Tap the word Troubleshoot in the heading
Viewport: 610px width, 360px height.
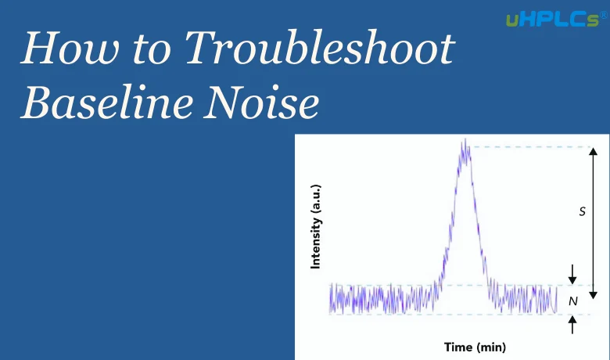320,47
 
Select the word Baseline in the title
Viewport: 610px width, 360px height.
107,102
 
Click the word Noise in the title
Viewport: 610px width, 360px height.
261,102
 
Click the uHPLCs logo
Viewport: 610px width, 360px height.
552,20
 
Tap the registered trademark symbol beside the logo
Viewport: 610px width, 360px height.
604,15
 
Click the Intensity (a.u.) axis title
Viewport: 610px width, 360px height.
316,227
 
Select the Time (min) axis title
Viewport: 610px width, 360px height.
475,347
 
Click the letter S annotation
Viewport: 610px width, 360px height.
582,211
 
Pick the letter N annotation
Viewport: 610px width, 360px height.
573,301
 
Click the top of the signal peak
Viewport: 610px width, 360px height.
465,140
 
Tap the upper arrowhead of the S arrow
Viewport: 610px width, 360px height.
593,151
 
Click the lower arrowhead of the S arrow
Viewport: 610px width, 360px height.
593,294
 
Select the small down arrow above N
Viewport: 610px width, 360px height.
572,275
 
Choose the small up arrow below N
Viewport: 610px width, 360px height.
572,325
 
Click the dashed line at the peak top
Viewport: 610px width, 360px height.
530,147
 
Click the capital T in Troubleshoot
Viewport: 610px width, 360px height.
199,48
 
